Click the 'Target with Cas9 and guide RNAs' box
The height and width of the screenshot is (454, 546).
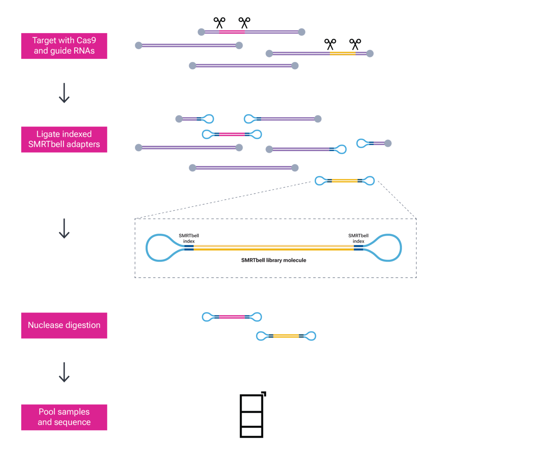click(x=64, y=46)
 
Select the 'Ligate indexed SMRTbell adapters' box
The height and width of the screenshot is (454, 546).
click(x=64, y=139)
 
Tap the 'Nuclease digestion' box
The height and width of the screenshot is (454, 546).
click(x=64, y=325)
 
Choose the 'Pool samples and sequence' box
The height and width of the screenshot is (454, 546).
click(x=64, y=417)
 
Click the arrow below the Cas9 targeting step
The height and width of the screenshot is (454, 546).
click(x=64, y=93)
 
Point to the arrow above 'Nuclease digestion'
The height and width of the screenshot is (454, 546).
click(x=64, y=228)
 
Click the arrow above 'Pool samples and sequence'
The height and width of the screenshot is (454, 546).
click(x=64, y=372)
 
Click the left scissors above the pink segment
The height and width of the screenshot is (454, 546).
click(x=219, y=23)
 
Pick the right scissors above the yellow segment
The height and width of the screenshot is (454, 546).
click(x=355, y=44)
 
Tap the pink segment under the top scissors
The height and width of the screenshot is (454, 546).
click(x=232, y=32)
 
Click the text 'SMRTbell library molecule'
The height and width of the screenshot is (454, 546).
click(x=274, y=260)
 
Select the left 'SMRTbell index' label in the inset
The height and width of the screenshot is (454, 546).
click(x=189, y=238)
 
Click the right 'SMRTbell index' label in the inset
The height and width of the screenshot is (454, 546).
click(x=358, y=238)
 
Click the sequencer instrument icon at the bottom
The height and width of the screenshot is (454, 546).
click(x=251, y=416)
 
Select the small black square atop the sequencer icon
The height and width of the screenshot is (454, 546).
click(x=264, y=394)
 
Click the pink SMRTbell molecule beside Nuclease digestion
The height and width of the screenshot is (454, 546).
click(x=232, y=317)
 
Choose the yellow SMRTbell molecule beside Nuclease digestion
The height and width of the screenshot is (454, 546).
click(x=286, y=336)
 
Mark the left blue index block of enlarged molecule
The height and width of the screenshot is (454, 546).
click(x=189, y=248)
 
